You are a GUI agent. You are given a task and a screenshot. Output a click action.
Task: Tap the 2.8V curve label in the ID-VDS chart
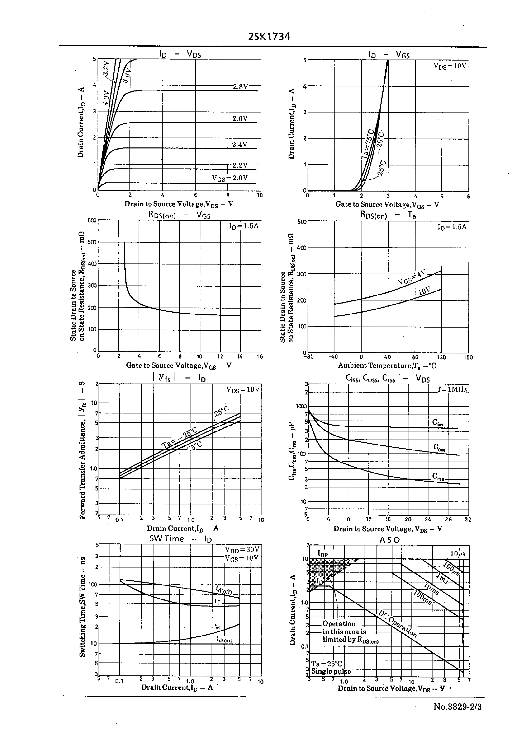click(x=240, y=87)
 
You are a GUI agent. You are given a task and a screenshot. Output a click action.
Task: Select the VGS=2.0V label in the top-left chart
click(x=230, y=178)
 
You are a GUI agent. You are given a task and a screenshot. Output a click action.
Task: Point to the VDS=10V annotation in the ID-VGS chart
click(x=450, y=66)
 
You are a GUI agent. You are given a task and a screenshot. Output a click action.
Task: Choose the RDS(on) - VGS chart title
click(x=179, y=215)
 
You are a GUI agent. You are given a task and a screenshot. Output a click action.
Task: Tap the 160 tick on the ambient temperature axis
click(x=468, y=357)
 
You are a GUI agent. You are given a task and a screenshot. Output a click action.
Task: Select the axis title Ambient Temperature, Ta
click(x=387, y=366)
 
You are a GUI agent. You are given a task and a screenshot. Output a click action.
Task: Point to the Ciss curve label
click(x=438, y=423)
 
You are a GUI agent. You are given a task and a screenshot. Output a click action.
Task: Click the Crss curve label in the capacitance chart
click(x=438, y=476)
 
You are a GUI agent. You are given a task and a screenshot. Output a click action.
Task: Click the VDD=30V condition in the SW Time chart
click(x=242, y=549)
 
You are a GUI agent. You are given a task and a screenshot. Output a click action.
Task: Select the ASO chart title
click(x=389, y=540)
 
